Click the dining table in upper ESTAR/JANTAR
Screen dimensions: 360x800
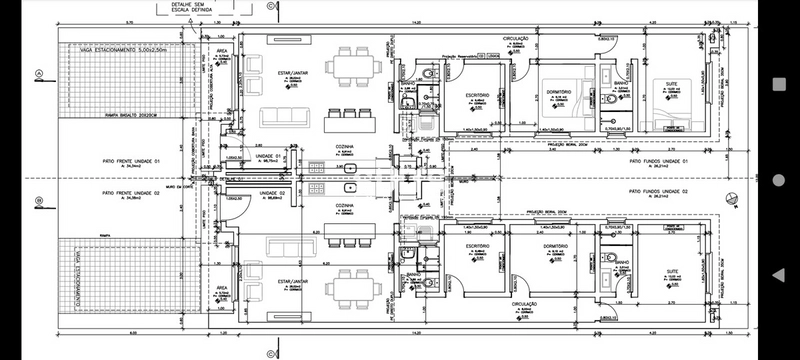pyautogui.click(x=351, y=66)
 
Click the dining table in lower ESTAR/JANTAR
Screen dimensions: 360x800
pyautogui.click(x=351, y=289)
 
